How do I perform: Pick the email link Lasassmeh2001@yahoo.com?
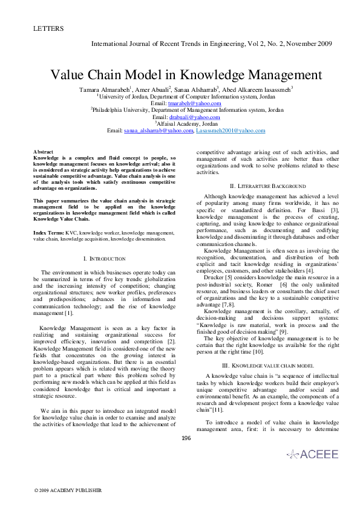pyautogui.click(x=231, y=130)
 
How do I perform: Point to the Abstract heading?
pyautogui.click(x=43, y=152)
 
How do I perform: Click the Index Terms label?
pyautogui.click(x=49, y=232)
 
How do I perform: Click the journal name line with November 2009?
pyautogui.click(x=211, y=44)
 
